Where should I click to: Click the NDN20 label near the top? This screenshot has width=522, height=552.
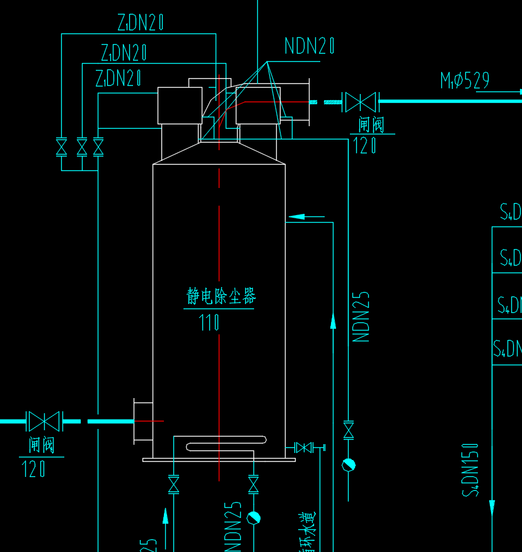309,46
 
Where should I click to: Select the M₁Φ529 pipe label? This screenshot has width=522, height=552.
465,81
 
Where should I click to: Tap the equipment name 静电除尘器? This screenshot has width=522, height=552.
221,296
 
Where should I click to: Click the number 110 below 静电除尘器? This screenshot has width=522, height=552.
209,323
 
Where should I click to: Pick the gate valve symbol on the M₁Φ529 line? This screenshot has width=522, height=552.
359,102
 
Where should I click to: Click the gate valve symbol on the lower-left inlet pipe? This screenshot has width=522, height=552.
43,421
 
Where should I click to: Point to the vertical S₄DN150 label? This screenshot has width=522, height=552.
470,469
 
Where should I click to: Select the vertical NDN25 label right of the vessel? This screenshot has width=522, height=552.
361,317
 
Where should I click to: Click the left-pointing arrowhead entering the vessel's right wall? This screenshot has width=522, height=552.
296,216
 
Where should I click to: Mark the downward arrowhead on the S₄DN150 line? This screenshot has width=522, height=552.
492,507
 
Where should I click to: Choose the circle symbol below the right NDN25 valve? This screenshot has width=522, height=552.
348,465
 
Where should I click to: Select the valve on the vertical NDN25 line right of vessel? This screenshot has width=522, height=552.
348,430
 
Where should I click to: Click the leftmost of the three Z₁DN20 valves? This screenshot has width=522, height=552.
61,147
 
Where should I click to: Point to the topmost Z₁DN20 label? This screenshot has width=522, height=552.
141,23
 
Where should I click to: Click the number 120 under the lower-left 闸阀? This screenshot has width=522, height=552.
33,469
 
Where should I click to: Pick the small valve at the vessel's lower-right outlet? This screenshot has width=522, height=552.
304,448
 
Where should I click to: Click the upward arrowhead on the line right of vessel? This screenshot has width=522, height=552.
333,322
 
